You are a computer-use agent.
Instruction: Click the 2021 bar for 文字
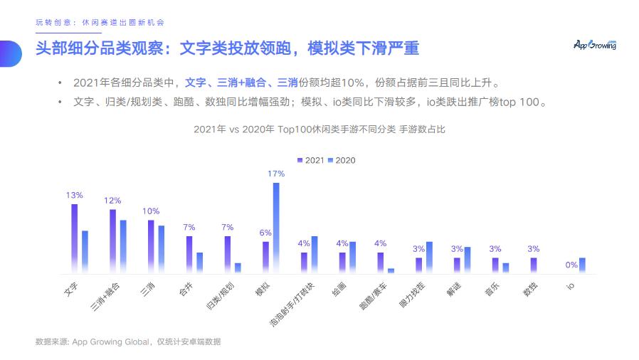(x=74, y=238)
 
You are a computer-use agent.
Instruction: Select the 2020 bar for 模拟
(x=276, y=228)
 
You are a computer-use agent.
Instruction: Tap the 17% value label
(x=276, y=174)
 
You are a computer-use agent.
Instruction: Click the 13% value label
(x=74, y=195)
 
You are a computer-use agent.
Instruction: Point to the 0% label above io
(x=571, y=265)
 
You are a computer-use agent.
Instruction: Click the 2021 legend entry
(x=311, y=160)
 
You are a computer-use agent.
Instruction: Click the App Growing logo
(x=595, y=45)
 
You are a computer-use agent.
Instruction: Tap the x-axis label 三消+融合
(x=106, y=296)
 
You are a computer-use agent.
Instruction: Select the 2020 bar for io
(x=582, y=265)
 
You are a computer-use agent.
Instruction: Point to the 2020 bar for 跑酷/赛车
(x=391, y=270)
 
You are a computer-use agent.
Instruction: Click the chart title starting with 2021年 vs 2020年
(x=319, y=129)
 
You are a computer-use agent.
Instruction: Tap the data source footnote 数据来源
(x=128, y=342)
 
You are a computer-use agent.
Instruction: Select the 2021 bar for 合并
(x=189, y=254)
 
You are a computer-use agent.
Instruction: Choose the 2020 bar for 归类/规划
(x=238, y=268)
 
